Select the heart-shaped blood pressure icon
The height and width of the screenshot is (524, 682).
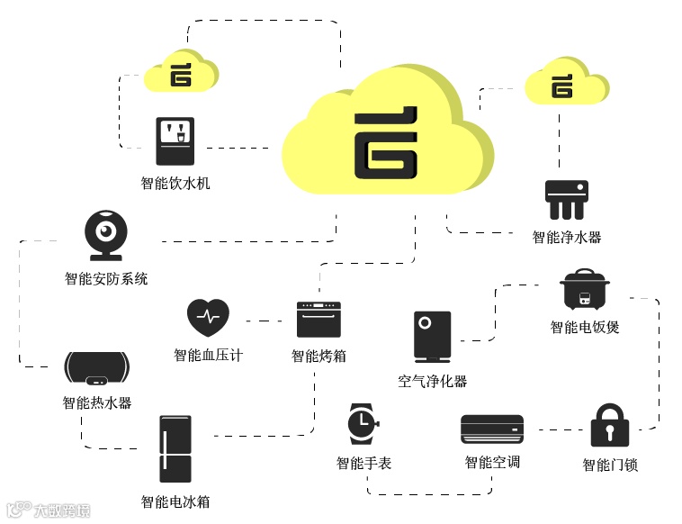[x=208, y=316]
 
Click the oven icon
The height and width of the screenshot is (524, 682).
[x=319, y=319]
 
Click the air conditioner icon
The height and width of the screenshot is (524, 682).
[x=491, y=429]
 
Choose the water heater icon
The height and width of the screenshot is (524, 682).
[x=97, y=368]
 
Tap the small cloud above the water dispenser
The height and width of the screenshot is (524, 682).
[x=181, y=72]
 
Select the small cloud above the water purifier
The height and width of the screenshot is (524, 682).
[x=565, y=83]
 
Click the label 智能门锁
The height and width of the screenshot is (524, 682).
[x=610, y=465]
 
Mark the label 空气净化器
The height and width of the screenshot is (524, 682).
[x=432, y=381]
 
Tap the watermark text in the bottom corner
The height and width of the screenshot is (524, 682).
[x=49, y=510]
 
